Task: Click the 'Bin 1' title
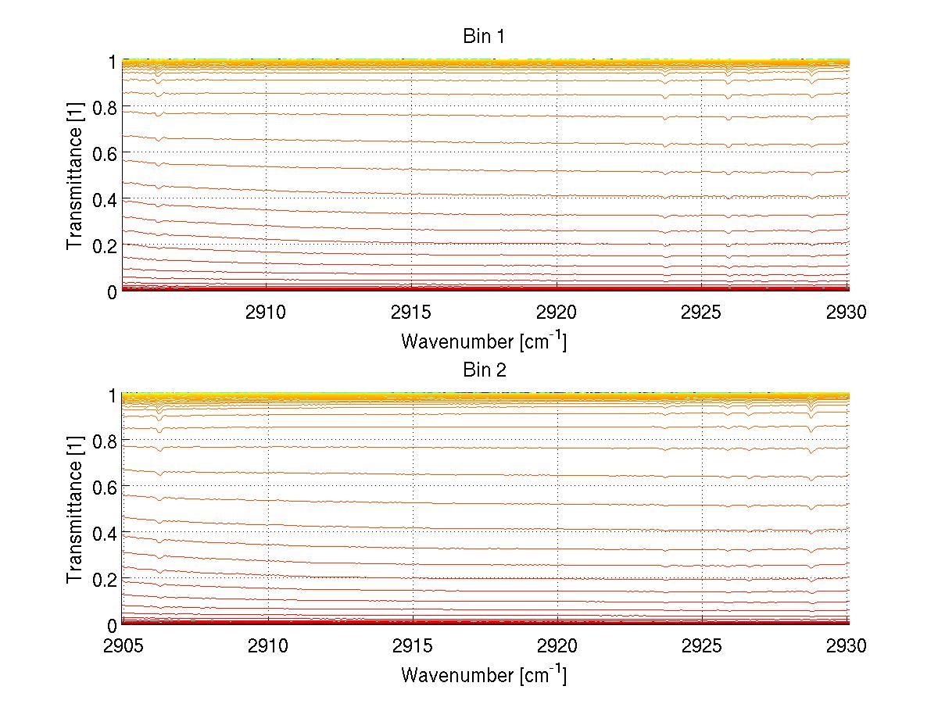pyautogui.click(x=485, y=37)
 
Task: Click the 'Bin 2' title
pyautogui.click(x=485, y=370)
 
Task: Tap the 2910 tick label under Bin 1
pyautogui.click(x=267, y=313)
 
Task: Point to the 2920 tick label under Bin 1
pyautogui.click(x=557, y=313)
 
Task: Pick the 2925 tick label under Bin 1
pyautogui.click(x=701, y=313)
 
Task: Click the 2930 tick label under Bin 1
pyautogui.click(x=847, y=313)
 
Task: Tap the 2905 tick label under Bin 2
pyautogui.click(x=123, y=646)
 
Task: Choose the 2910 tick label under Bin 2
pyautogui.click(x=267, y=646)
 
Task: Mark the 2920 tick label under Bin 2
pyautogui.click(x=557, y=646)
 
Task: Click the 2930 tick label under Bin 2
pyautogui.click(x=847, y=646)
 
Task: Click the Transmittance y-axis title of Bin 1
pyautogui.click(x=75, y=176)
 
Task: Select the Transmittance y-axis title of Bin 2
pyautogui.click(x=75, y=509)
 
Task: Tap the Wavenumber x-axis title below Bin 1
pyautogui.click(x=484, y=341)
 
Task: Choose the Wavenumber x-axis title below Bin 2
pyautogui.click(x=484, y=674)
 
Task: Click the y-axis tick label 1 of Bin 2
pyautogui.click(x=112, y=395)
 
